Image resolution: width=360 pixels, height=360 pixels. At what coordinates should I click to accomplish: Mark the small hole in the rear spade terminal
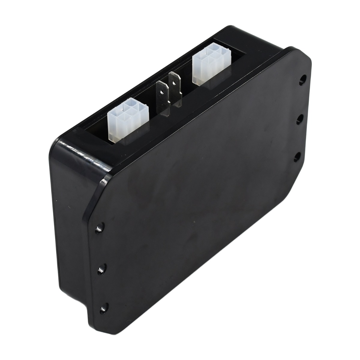(x=174, y=80)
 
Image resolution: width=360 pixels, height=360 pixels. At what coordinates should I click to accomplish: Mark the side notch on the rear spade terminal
(x=179, y=90)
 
